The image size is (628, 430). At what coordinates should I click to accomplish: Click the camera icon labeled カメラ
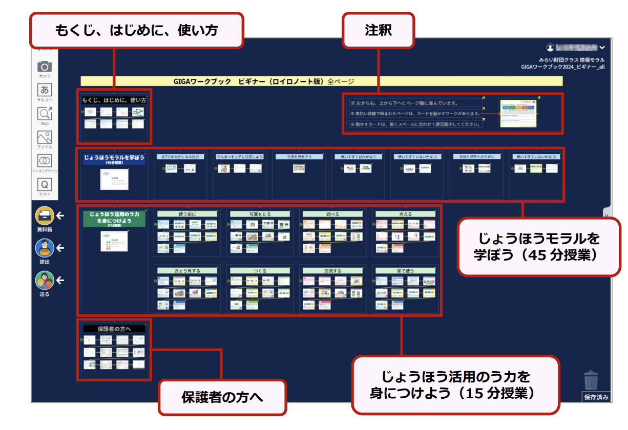coord(45,67)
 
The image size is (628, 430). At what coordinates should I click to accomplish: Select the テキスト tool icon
coord(45,90)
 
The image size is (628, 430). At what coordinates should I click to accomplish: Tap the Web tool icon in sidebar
coord(45,114)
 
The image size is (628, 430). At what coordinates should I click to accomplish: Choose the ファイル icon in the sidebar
coord(45,137)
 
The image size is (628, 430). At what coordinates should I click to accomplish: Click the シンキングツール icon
coord(45,161)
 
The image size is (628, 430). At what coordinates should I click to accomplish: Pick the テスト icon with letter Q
coord(45,184)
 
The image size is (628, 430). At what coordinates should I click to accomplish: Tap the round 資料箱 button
coord(45,216)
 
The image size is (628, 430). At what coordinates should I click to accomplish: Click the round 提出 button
coord(45,248)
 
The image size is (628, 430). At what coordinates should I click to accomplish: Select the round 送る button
coord(45,281)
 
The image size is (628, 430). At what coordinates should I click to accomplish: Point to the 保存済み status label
coord(596,397)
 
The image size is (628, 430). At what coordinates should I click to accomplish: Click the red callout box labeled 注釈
coord(379,30)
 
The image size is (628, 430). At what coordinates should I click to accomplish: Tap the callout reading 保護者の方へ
coord(222,397)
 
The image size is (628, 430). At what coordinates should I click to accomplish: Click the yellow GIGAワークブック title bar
coord(321,81)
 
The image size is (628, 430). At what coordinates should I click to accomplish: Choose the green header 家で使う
coord(406,270)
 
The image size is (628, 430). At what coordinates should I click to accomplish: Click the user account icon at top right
coord(550,47)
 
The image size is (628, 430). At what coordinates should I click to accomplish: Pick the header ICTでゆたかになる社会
coord(180,157)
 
